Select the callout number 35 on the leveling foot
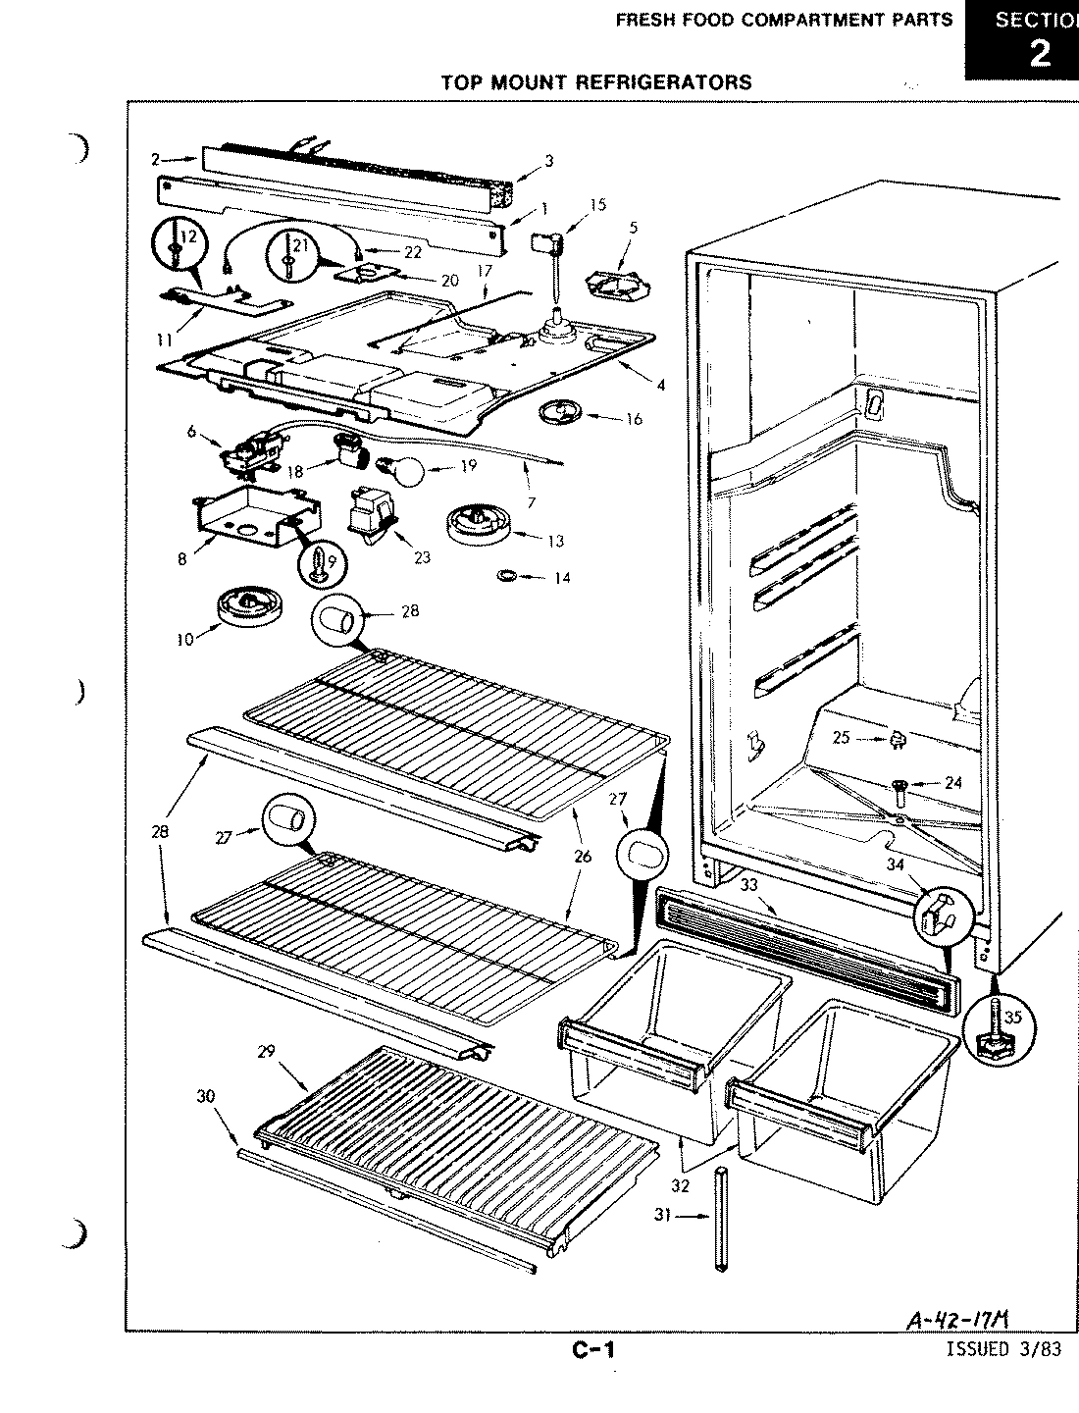1013,1018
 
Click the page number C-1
593,1351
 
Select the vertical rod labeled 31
722,1220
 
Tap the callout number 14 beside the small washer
561,578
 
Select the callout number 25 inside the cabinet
842,736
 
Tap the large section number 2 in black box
1039,51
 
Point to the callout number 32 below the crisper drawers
681,1184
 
